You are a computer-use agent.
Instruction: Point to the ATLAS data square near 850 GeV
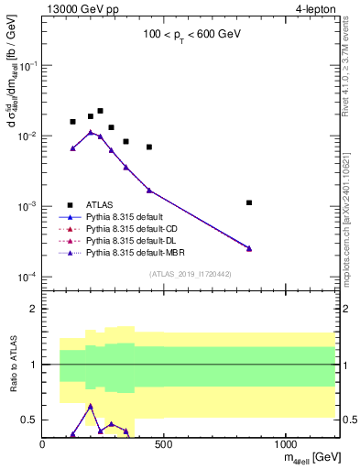point(249,202)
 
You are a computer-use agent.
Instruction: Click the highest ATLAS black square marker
point(100,111)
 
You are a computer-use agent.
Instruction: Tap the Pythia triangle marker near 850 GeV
point(249,248)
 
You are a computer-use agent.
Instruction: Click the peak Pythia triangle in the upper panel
point(91,132)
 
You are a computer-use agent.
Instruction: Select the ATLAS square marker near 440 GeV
point(149,147)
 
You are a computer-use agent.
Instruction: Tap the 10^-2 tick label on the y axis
point(29,136)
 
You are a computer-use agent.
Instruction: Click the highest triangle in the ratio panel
point(91,405)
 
